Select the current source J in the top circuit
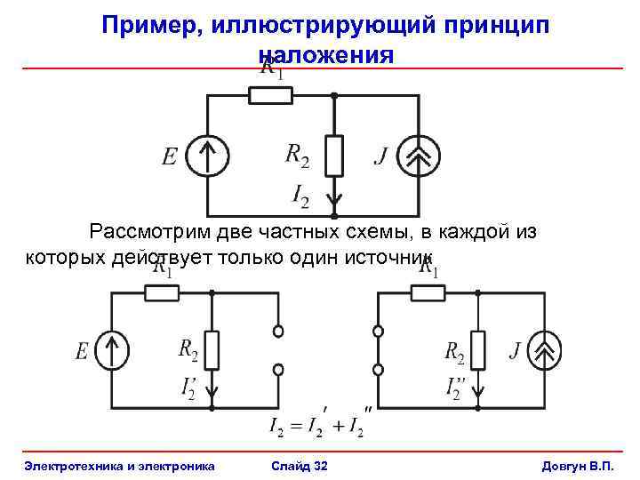click(418, 156)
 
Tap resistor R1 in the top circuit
click(270, 94)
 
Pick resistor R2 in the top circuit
click(333, 156)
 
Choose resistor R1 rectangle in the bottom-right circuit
click(428, 292)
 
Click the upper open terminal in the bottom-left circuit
click(277, 332)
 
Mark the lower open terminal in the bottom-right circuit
click(379, 369)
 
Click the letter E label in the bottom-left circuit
click(82, 353)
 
